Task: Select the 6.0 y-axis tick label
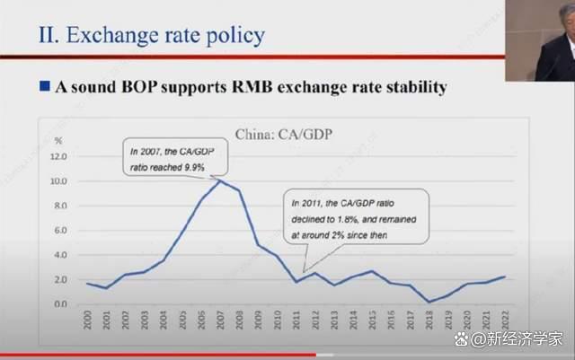tap(59, 230)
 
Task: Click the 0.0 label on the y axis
tap(59, 304)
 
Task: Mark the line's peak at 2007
tap(219, 180)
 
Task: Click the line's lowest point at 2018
tap(429, 302)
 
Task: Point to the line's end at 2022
tap(505, 277)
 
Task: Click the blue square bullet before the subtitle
tap(44, 87)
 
